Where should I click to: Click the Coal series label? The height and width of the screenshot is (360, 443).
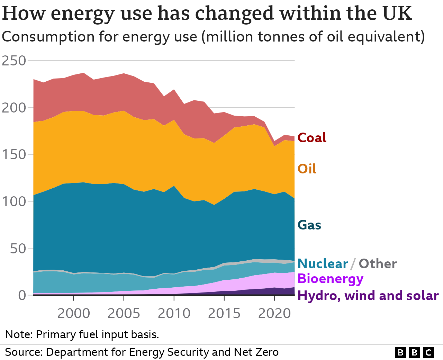(312, 138)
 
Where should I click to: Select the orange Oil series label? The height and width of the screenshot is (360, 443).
(307, 169)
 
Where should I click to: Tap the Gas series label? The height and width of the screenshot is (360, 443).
(309, 225)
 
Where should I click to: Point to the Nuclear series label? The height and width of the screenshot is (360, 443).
(323, 264)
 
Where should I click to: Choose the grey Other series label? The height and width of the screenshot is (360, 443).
(378, 264)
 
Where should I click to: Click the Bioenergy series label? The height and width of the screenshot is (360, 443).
(331, 279)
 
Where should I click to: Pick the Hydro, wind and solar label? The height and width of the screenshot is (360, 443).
(368, 296)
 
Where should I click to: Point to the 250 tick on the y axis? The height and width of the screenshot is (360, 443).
(14, 61)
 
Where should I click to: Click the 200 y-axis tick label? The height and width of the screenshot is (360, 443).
(14, 108)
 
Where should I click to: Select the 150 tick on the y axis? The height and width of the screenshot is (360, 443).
(14, 154)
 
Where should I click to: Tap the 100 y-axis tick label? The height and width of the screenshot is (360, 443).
(14, 201)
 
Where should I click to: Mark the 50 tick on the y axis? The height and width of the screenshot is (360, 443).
(18, 249)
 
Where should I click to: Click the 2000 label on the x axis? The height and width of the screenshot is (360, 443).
(74, 314)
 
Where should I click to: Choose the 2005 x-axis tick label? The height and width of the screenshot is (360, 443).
(124, 314)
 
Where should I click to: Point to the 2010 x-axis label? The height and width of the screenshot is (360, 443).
(174, 314)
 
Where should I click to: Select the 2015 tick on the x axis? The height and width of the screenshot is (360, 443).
(224, 314)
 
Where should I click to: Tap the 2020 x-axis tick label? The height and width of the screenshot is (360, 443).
(274, 314)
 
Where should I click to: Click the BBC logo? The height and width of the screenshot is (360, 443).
(414, 352)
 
